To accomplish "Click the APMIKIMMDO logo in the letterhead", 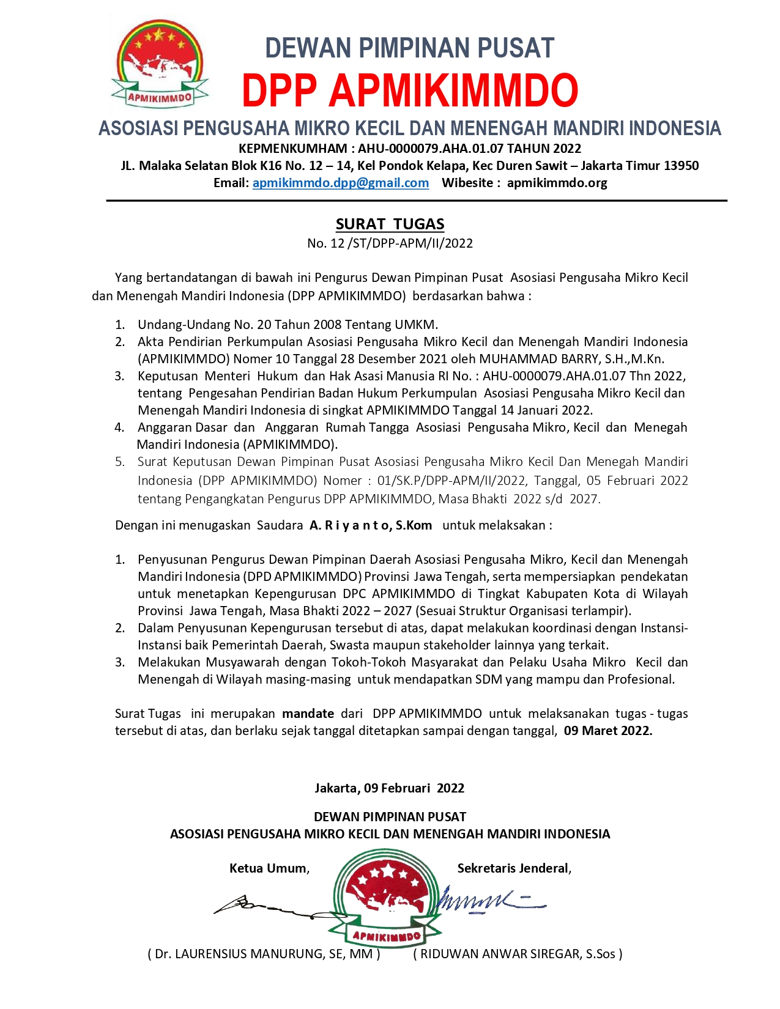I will click(x=160, y=65).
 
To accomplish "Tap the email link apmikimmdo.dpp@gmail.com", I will click(x=340, y=183).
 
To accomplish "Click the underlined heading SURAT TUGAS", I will click(x=390, y=224).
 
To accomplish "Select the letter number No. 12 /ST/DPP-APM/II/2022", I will click(x=390, y=243).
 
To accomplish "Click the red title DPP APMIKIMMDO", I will click(x=410, y=91).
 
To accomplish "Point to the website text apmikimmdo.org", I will click(x=557, y=183).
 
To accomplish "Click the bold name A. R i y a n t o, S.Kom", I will click(x=371, y=525).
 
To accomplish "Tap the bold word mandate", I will click(x=308, y=714).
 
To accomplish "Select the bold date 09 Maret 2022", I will click(x=607, y=731).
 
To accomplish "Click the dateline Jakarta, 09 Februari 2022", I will click(x=390, y=788).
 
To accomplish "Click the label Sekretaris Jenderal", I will click(x=514, y=868).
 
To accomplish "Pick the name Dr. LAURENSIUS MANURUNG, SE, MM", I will click(x=264, y=954).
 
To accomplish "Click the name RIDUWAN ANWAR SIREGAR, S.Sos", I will click(x=518, y=954).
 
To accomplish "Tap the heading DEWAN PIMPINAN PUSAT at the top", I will click(x=410, y=48).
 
